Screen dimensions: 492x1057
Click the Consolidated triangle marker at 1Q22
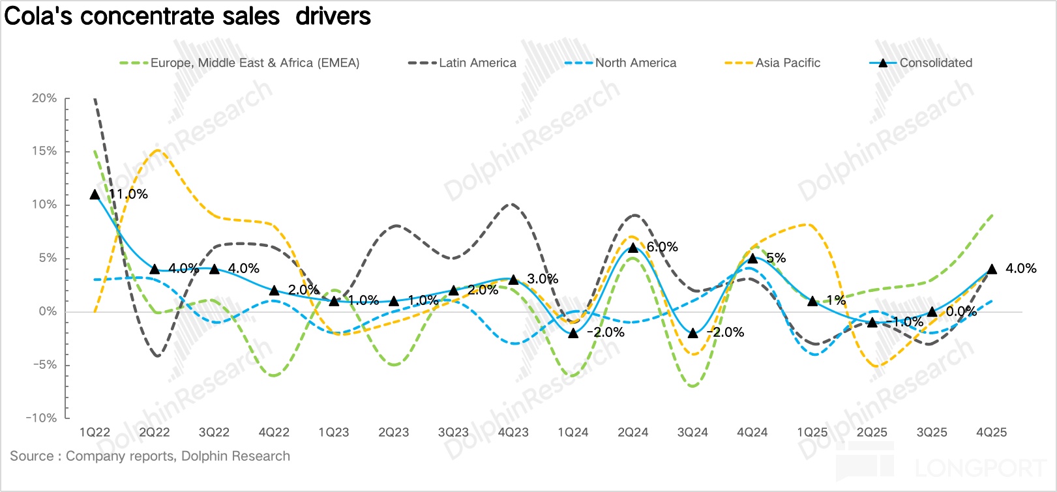pyautogui.click(x=95, y=194)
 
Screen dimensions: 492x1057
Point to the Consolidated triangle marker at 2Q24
pyautogui.click(x=633, y=248)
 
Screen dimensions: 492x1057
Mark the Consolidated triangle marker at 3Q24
pyautogui.click(x=692, y=333)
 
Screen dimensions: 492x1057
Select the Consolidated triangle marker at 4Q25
pyautogui.click(x=992, y=268)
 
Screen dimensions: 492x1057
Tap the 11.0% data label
pyautogui.click(x=128, y=194)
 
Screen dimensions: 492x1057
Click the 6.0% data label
pyautogui.click(x=662, y=247)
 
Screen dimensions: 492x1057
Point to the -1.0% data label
pyautogui.click(x=908, y=322)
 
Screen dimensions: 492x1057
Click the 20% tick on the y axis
pyautogui.click(x=44, y=98)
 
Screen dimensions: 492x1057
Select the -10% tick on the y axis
pyautogui.click(x=42, y=418)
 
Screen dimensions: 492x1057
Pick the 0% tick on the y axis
pyautogui.click(x=48, y=311)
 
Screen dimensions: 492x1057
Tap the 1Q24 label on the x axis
pyautogui.click(x=573, y=433)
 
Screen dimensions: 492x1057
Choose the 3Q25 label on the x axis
pyautogui.click(x=932, y=433)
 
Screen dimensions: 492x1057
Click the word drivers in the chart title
pyautogui.click(x=333, y=16)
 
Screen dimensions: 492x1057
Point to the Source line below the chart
pyautogui.click(x=150, y=456)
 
